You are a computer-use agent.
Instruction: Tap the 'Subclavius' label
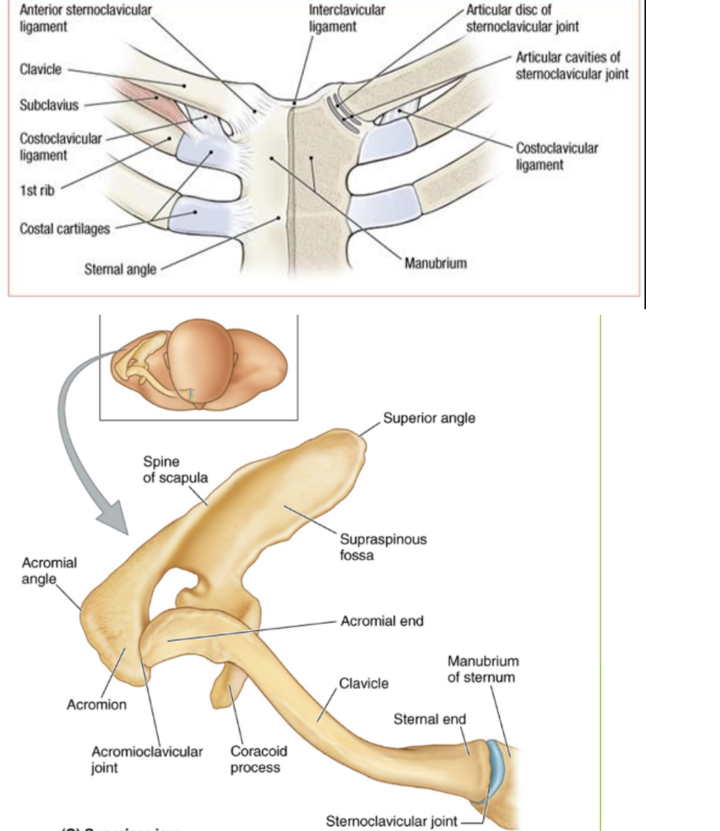click(49, 106)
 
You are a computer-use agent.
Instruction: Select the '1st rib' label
click(36, 190)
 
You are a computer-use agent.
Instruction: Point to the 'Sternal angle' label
click(120, 269)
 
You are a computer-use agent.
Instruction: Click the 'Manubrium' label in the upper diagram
click(435, 264)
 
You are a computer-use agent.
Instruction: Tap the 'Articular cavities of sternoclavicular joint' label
click(572, 65)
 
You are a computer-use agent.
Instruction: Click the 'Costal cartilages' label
click(64, 229)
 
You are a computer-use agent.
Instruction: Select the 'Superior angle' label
click(429, 418)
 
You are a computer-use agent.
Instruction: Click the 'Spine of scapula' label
click(175, 469)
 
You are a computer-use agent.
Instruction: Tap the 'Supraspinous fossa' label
click(383, 547)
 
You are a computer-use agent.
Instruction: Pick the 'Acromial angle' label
click(49, 571)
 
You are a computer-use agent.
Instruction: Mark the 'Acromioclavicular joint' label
click(147, 759)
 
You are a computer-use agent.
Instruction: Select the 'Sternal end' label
click(429, 719)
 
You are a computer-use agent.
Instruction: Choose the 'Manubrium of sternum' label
click(482, 669)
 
